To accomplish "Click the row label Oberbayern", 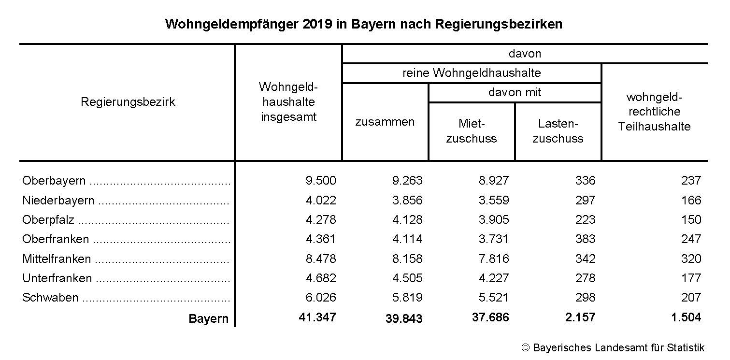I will (54, 181).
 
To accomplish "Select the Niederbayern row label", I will (58, 200).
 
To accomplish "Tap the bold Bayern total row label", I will (208, 319).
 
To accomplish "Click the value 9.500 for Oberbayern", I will (321, 181).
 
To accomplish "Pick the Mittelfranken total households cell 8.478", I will (321, 259).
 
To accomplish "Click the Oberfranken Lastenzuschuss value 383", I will (586, 239).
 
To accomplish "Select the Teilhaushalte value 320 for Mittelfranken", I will (691, 259).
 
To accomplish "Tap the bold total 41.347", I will (317, 317).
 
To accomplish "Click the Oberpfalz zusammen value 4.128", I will (407, 219).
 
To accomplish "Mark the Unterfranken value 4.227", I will (494, 278).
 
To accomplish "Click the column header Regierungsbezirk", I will (128, 102).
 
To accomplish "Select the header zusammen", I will (385, 122).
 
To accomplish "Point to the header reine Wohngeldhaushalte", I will (472, 73).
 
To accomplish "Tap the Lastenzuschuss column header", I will (558, 131).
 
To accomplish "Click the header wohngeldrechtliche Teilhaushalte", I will (655, 112).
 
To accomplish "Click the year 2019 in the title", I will (317, 24).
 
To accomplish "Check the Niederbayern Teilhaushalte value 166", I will (691, 200).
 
